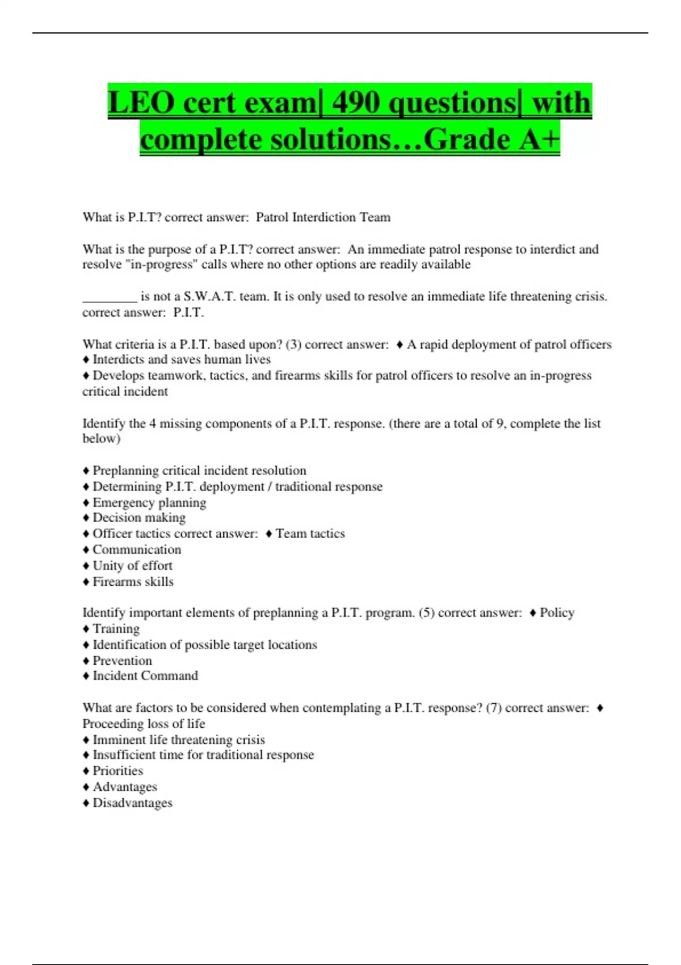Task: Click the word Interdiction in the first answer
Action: tap(323, 217)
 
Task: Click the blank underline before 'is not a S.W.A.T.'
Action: tap(110, 297)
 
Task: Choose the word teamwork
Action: tap(174, 376)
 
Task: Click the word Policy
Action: tap(557, 613)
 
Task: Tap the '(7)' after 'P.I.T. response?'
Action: tap(494, 708)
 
